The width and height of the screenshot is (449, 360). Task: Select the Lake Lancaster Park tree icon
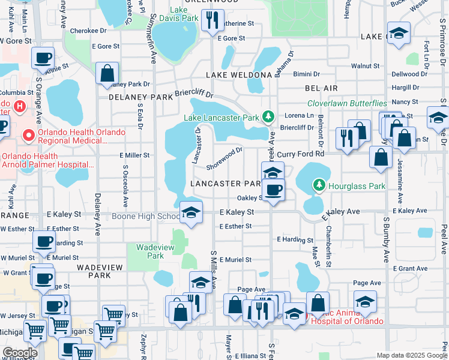tap(271, 116)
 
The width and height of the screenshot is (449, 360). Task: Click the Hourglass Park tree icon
tap(319, 186)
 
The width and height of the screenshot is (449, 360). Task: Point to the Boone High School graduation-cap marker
tap(191, 212)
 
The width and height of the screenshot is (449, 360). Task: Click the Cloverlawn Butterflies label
tap(348, 103)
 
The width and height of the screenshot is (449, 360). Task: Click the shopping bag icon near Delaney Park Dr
tap(107, 74)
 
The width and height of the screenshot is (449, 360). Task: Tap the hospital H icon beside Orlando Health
tap(19, 107)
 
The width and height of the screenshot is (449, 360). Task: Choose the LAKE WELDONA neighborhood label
tap(239, 75)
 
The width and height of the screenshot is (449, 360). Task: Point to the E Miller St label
tap(134, 155)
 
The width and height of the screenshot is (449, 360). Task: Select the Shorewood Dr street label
tap(224, 158)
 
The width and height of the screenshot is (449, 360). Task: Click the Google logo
tap(20, 353)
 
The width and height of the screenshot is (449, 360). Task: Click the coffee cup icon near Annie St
tap(43, 59)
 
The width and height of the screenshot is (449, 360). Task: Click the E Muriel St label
tap(235, 260)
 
